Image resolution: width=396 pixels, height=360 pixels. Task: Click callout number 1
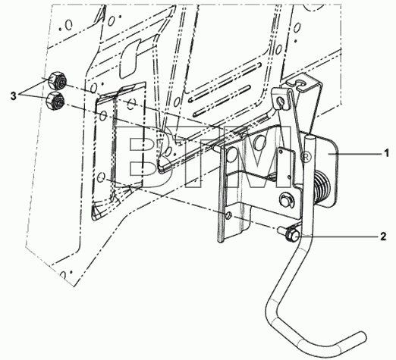coord(386,153)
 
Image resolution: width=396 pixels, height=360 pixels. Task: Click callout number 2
coord(383,236)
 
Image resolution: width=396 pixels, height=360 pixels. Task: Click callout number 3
coord(14,96)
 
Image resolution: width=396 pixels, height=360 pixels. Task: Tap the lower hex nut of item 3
coord(55,101)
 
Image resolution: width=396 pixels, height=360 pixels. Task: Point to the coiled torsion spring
coord(322,184)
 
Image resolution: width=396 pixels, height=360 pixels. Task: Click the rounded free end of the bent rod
coord(361,337)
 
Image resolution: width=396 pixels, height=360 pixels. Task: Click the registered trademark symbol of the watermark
coord(305,158)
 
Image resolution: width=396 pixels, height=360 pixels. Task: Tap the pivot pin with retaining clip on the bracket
coord(287,200)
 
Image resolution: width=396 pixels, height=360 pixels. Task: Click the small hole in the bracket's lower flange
coord(228,215)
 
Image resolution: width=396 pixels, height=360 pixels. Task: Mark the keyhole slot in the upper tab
coord(280,102)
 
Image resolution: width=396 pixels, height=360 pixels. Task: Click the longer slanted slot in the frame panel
coord(225,82)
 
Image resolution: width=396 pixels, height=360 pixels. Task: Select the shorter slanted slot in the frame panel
coord(222,101)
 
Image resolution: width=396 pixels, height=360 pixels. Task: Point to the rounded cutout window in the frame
coord(130,59)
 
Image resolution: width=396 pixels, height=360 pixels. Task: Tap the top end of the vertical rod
coord(310,137)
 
